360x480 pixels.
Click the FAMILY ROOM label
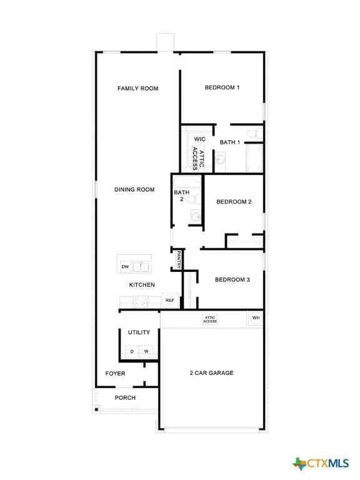tap(138, 89)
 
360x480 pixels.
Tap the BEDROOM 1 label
tap(222, 87)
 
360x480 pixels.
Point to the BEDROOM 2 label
tap(234, 202)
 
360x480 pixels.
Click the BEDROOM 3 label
tap(232, 279)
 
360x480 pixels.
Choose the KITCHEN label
tap(142, 285)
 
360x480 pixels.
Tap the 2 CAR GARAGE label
tap(212, 373)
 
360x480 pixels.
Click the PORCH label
tap(125, 397)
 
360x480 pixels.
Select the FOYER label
tap(115, 374)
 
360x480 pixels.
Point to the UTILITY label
tap(139, 332)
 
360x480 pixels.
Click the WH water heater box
tap(255, 318)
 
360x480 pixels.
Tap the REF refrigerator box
tap(170, 301)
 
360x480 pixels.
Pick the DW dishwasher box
tap(125, 267)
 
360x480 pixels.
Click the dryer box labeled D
tap(132, 351)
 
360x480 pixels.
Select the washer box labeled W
tap(146, 351)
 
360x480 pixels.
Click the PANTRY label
tap(179, 259)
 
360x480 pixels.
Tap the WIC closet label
tap(200, 139)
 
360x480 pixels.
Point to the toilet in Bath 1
tap(252, 133)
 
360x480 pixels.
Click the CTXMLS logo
tap(321, 463)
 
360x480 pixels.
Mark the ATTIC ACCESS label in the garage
tap(210, 319)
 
